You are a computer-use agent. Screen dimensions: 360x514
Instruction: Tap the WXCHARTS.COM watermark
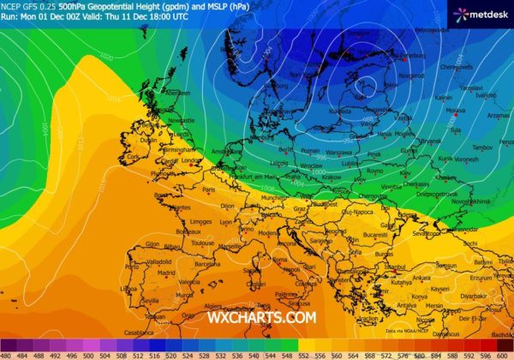tap(261, 317)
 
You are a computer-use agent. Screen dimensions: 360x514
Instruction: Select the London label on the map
tap(191, 160)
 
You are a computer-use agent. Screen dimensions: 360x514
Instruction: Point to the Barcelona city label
tap(209, 266)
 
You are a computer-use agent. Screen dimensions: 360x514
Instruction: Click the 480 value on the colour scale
tap(7, 355)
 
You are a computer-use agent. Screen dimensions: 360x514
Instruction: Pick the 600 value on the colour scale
tap(505, 355)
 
